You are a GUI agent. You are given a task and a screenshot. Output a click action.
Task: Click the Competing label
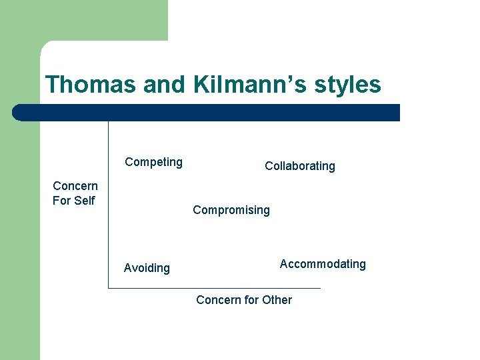tap(153, 162)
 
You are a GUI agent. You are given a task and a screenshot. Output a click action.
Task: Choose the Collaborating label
tap(299, 166)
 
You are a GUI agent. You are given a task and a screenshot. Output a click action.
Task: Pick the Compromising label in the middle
tap(231, 210)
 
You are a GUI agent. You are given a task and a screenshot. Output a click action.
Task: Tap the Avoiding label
tap(147, 268)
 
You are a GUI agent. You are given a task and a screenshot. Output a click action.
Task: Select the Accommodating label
tap(323, 264)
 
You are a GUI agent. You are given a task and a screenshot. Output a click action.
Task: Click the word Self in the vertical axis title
tap(84, 201)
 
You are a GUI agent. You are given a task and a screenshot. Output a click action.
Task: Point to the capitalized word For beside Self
tap(62, 201)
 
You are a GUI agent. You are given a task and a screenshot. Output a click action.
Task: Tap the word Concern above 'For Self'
tap(75, 186)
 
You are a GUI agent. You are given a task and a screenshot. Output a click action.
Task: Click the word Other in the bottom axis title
tap(277, 300)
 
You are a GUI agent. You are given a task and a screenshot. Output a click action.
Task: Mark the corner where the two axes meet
tap(109, 288)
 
